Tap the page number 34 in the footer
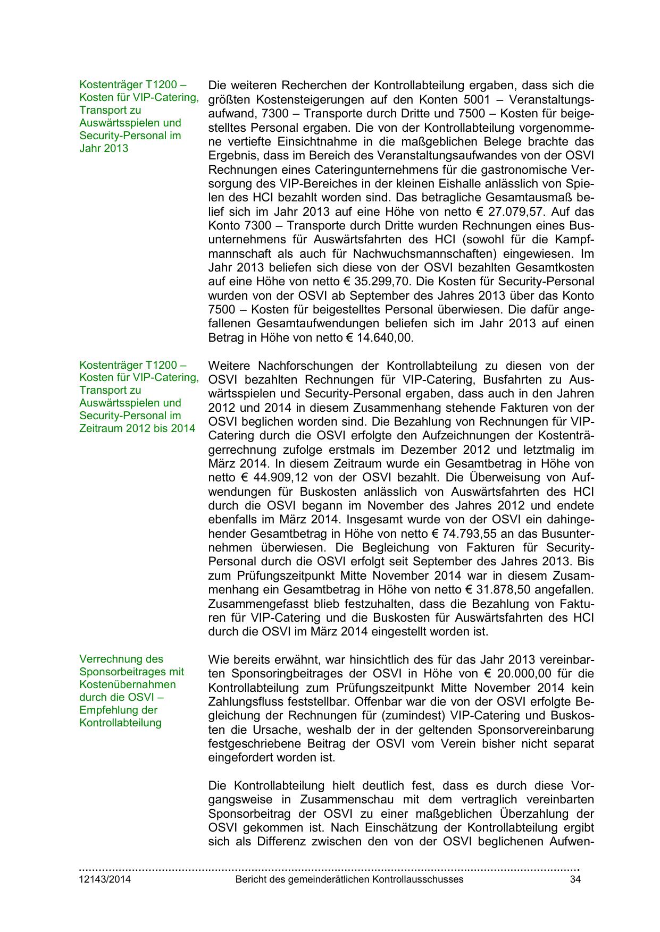point(574,879)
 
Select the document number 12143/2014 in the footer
point(105,879)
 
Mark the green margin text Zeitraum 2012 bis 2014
point(137,428)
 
